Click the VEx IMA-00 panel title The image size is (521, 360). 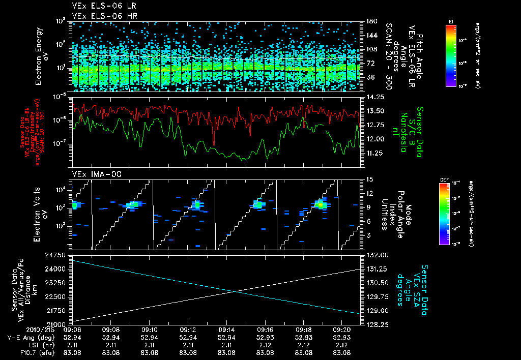tap(93, 174)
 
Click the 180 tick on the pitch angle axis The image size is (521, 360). tap(370, 21)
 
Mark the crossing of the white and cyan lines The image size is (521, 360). tap(235, 291)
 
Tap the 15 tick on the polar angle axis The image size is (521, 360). tap(368, 179)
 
